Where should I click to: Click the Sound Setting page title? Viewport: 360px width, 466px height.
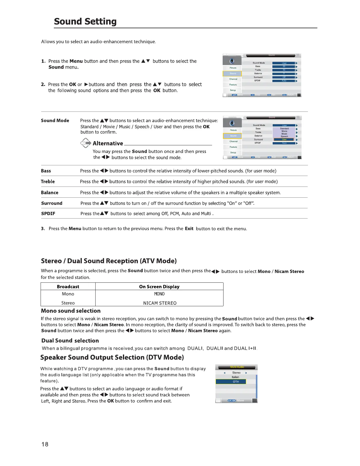point(85,21)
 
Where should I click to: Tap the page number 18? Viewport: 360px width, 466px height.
point(45,444)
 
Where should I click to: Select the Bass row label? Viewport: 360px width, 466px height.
point(46,171)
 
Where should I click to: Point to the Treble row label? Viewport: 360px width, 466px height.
point(48,182)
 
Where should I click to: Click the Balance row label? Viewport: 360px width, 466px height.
point(49,193)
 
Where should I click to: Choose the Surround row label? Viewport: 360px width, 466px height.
point(52,203)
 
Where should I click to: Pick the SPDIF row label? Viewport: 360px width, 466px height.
point(48,214)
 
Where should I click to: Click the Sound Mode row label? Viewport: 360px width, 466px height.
point(55,121)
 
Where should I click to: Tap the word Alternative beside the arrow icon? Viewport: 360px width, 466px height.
point(108,144)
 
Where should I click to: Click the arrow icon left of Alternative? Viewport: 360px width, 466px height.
point(86,143)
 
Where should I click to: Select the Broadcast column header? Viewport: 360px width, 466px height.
point(68,287)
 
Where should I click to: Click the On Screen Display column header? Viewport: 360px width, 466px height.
point(159,287)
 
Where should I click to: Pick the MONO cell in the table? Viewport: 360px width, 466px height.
point(159,294)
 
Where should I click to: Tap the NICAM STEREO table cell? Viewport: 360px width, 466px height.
point(160,303)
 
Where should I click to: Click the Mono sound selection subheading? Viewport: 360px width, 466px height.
point(71,311)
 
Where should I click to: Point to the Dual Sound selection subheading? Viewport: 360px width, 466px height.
point(70,341)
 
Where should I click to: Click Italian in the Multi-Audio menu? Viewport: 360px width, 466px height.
point(235,377)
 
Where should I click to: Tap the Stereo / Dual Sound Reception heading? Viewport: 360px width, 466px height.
point(109,261)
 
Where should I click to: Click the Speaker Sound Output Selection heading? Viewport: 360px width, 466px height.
point(112,357)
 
